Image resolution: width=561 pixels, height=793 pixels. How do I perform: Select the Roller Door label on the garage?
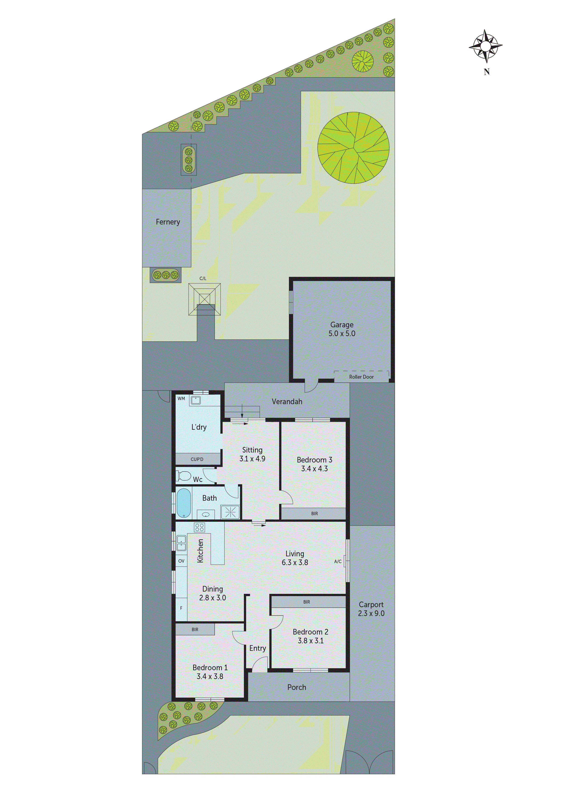[361, 377]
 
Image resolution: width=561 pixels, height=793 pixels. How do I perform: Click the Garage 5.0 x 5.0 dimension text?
[342, 333]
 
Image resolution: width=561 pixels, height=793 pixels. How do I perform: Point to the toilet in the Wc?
[184, 476]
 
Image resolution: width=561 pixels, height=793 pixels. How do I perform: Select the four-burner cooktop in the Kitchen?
[200, 527]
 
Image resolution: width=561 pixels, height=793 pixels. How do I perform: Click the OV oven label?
[181, 561]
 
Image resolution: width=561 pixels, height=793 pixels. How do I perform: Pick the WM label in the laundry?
[181, 399]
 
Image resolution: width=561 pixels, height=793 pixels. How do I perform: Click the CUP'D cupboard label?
[197, 459]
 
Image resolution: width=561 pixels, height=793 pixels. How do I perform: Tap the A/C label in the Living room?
[338, 561]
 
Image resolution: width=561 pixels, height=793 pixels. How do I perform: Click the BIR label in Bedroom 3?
[314, 514]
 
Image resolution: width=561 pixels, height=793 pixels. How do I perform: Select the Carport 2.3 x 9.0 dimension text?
[371, 613]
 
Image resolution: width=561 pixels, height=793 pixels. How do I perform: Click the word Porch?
[297, 687]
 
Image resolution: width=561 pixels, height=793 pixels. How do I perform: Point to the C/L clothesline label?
[203, 278]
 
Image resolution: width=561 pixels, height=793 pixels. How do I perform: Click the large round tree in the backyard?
[353, 148]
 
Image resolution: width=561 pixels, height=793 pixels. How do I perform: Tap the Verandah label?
[287, 402]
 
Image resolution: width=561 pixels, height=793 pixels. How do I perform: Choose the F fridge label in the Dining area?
[181, 608]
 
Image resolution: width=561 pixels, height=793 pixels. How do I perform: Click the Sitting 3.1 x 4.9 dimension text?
[252, 459]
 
